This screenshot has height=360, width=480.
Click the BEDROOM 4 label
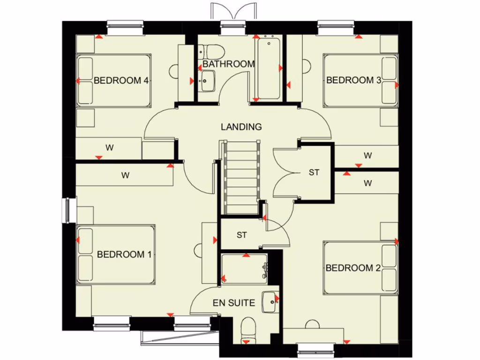tap(121, 80)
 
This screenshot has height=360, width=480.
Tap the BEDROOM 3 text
tap(353, 80)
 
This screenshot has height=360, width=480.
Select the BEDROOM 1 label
tap(124, 255)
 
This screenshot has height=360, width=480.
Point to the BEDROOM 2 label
tap(353, 268)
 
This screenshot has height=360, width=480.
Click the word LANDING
tap(241, 127)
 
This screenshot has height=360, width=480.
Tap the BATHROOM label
tap(229, 64)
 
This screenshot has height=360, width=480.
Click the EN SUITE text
tap(234, 303)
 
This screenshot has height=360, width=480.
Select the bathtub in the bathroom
tap(268, 69)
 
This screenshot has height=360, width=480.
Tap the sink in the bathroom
tap(206, 81)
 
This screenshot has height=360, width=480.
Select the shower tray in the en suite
tap(244, 269)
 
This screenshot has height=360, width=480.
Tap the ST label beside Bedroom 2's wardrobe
tap(314, 172)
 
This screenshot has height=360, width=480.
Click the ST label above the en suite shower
tap(241, 235)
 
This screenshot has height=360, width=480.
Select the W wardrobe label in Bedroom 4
tap(109, 148)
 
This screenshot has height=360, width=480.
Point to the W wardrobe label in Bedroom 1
tap(125, 176)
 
